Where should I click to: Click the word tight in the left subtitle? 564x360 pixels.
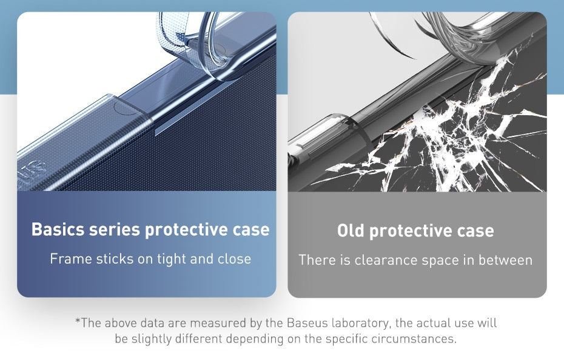pos(172,259)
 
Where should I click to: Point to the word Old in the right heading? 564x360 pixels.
pos(351,231)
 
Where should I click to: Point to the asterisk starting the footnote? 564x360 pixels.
pos(78,322)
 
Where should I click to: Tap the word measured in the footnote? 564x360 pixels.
pos(213,323)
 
